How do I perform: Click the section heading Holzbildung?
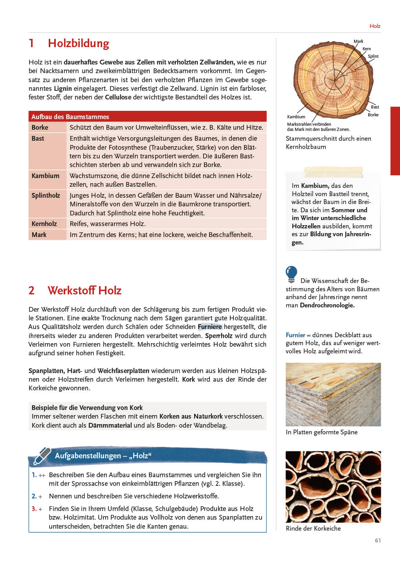[x=78, y=43]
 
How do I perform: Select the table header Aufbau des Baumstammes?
[x=70, y=117]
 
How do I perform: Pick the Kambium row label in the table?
[x=46, y=176]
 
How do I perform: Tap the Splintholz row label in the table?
[x=46, y=195]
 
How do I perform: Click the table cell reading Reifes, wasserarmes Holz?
[x=108, y=224]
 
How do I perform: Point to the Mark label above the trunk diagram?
[x=358, y=41]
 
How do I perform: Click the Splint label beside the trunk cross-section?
[x=373, y=56]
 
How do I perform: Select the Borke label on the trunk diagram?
[x=373, y=115]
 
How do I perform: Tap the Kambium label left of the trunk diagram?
[x=296, y=117]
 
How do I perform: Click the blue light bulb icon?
[x=292, y=274]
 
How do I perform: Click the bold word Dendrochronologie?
[x=327, y=305]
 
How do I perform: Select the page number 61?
[x=378, y=540]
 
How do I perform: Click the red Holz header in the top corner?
[x=375, y=26]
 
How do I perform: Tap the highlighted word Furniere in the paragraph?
[x=210, y=327]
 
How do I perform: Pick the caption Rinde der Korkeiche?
[x=313, y=528]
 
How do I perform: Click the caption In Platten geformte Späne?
[x=321, y=432]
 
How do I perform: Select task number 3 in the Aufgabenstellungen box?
[x=34, y=509]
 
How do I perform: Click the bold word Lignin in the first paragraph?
[x=63, y=88]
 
